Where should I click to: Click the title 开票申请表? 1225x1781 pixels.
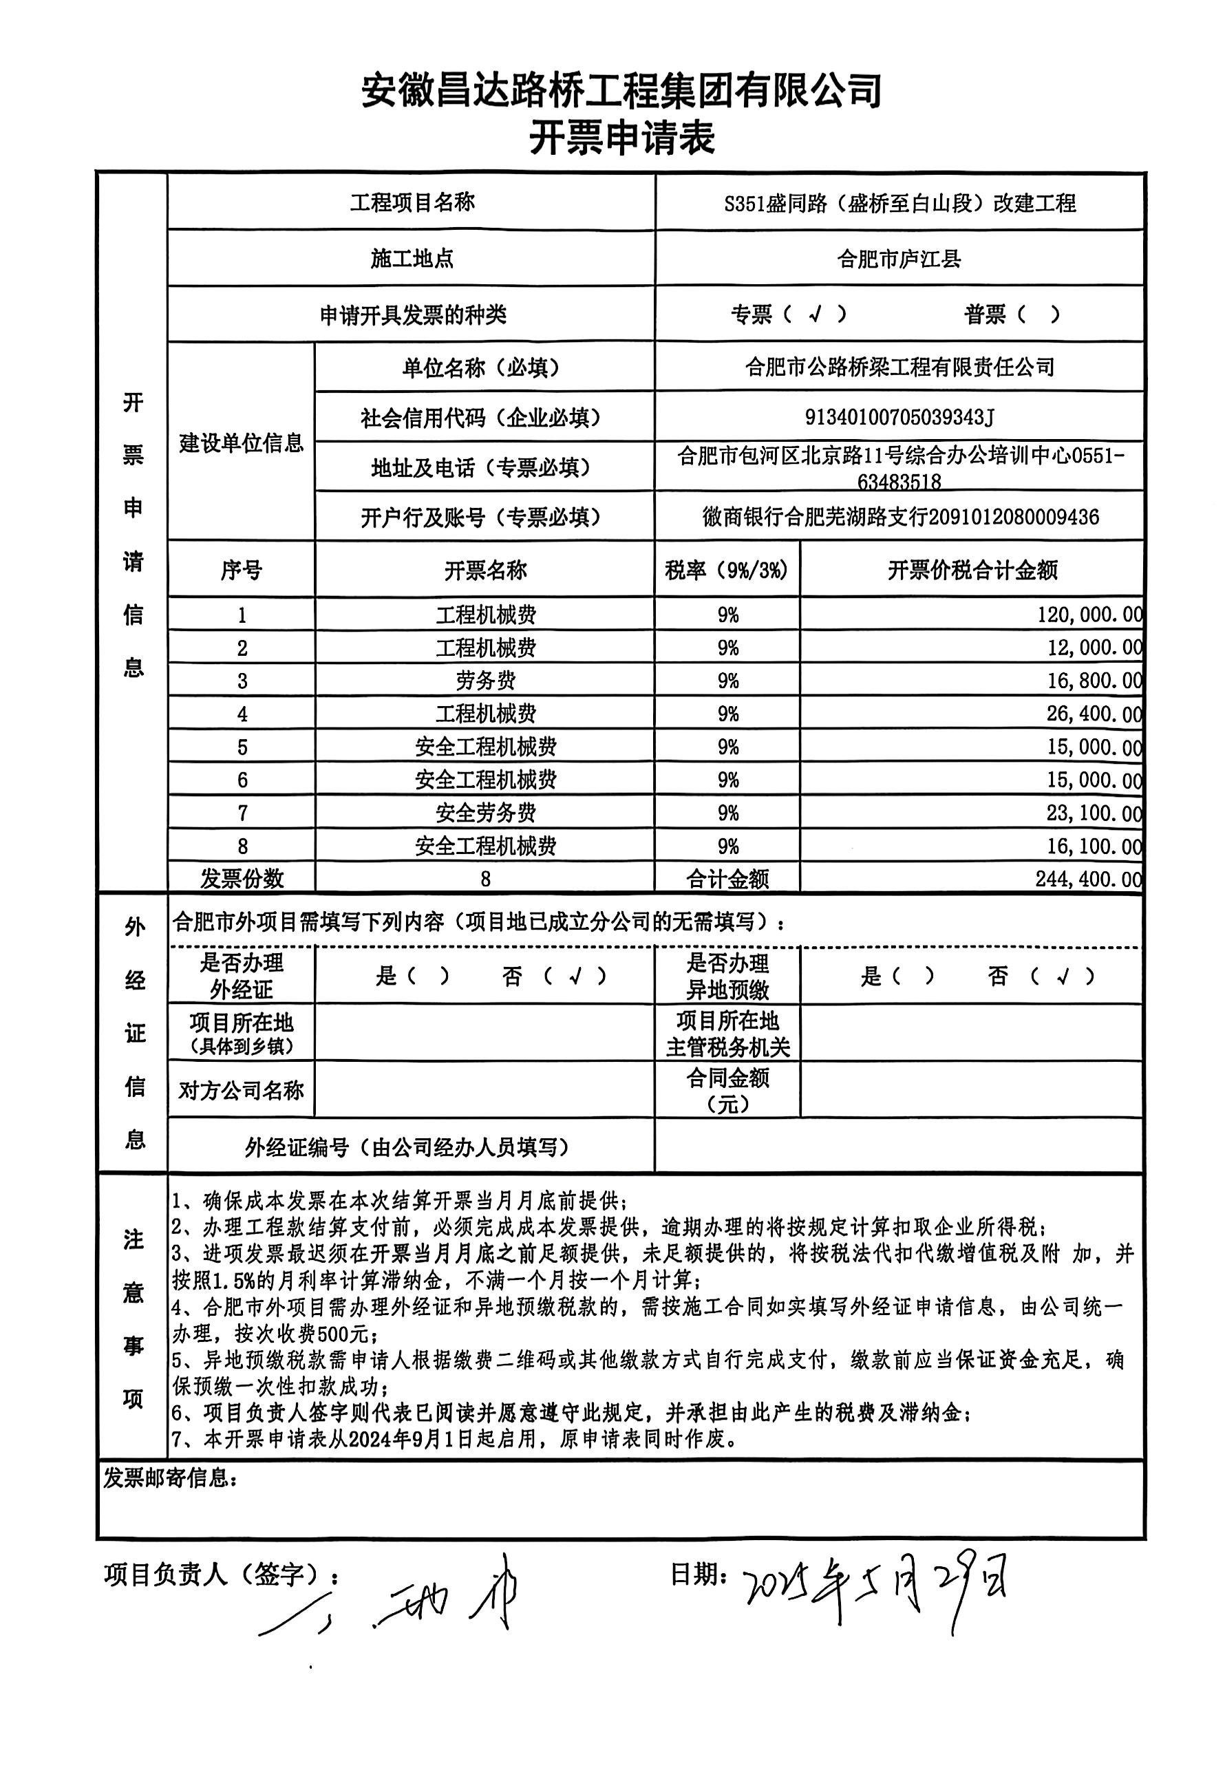(621, 139)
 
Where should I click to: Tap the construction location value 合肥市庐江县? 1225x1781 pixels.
(899, 259)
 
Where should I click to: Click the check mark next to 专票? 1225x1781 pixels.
(816, 314)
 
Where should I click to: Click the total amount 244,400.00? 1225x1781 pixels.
(1087, 879)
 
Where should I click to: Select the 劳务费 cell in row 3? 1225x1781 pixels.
(485, 681)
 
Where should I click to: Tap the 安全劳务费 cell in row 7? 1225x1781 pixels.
(485, 813)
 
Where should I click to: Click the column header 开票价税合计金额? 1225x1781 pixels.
(972, 570)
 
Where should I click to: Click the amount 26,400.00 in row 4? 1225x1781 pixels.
(1094, 714)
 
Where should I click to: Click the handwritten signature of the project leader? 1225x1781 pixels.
(399, 1598)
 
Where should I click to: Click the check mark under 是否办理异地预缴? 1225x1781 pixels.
(1063, 976)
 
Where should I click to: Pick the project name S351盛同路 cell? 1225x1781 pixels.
(899, 203)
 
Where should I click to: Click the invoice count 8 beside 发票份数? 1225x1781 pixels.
(485, 879)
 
